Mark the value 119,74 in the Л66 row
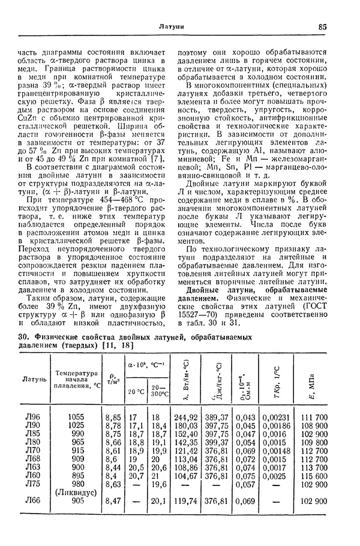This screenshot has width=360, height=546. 185,499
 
